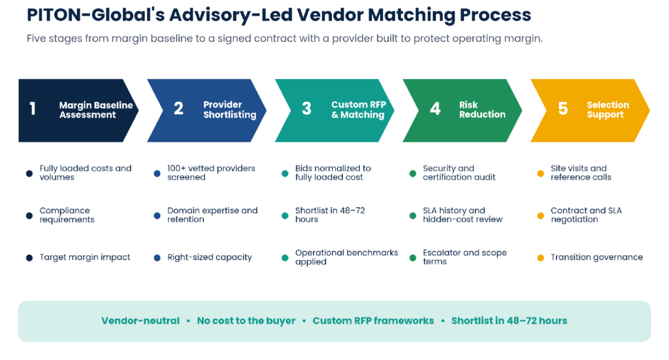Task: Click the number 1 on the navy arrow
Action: [33, 108]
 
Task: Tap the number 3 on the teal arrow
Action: [306, 108]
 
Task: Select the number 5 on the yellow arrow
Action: [563, 108]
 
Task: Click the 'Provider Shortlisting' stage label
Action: [229, 110]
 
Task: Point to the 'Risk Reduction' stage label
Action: [482, 110]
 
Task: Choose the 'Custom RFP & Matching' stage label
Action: [359, 110]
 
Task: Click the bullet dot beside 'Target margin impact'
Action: [29, 257]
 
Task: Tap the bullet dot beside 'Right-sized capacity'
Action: [157, 257]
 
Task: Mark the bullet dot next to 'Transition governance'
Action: [540, 257]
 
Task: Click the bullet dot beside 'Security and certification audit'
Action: [413, 174]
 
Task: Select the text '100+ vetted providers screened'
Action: [211, 172]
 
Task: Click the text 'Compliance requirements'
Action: [67, 215]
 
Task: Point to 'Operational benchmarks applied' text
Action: [346, 257]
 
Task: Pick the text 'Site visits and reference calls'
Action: [581, 172]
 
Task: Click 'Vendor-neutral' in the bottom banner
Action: [140, 321]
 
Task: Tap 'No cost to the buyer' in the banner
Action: [246, 321]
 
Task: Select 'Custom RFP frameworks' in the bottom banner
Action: [373, 321]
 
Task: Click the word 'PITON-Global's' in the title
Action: [95, 15]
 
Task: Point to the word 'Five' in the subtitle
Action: [37, 39]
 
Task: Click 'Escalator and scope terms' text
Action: [465, 257]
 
